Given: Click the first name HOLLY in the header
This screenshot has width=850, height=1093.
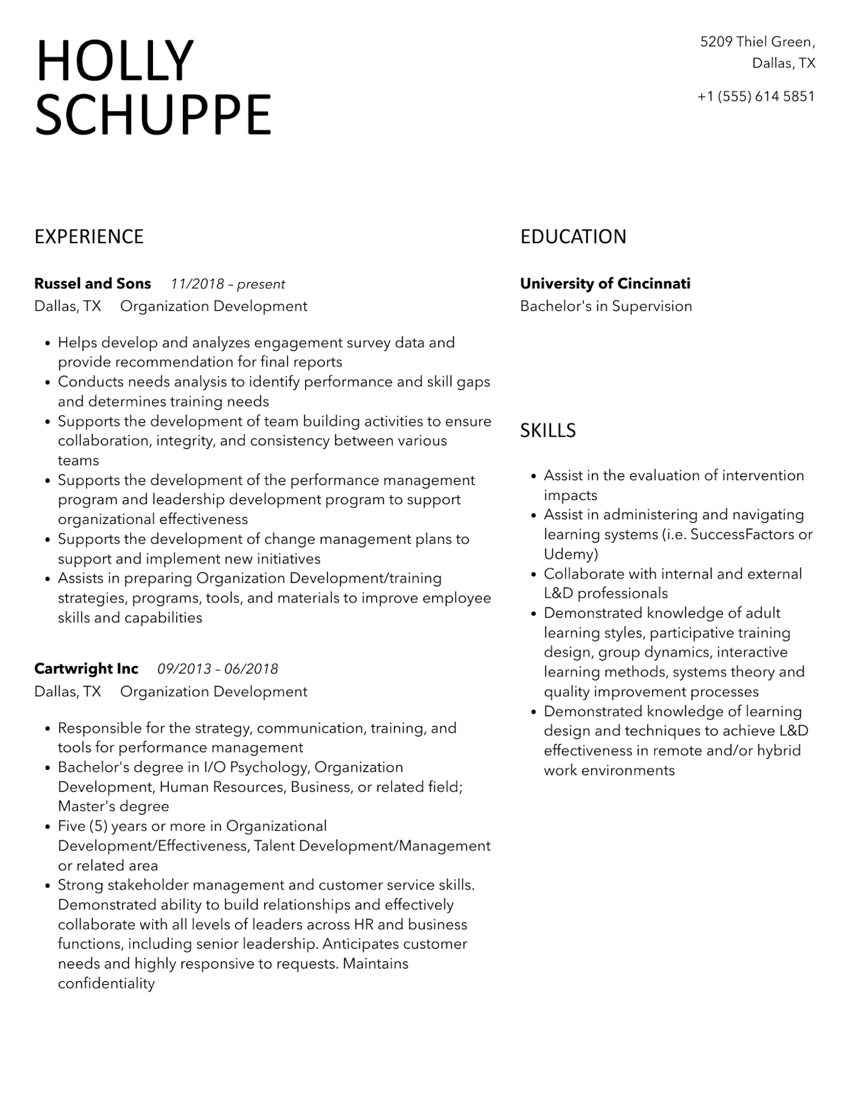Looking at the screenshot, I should click(114, 61).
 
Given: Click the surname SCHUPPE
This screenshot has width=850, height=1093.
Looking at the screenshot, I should click(153, 115).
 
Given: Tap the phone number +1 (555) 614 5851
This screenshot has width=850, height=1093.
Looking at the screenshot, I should click(756, 96).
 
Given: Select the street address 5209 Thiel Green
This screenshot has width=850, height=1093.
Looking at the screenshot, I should click(757, 42).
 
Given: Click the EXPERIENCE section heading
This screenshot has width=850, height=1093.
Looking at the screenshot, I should click(89, 236).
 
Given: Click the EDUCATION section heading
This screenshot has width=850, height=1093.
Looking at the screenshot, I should click(573, 236).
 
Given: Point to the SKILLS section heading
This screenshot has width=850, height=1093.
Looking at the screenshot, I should click(548, 430).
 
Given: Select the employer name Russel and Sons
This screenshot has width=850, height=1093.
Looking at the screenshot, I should click(92, 283).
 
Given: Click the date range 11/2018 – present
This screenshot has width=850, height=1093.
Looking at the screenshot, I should click(227, 284).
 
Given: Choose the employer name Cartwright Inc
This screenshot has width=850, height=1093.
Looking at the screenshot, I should click(86, 669).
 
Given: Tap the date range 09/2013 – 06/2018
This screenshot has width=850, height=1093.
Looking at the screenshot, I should click(217, 669).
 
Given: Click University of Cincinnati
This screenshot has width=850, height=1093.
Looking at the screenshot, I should click(605, 283).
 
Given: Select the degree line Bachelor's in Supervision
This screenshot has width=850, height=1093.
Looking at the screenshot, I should click(606, 306).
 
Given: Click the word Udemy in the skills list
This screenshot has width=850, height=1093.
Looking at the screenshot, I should click(570, 554).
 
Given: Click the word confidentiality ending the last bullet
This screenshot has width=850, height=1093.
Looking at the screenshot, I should click(106, 984).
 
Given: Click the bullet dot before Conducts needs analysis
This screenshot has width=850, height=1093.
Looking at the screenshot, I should click(47, 383).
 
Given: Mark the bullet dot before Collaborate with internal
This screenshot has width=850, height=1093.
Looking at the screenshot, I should click(533, 575).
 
